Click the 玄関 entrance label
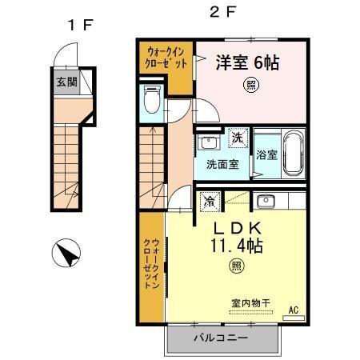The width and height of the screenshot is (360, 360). click(66, 82)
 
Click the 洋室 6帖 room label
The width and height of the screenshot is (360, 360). click(246, 62)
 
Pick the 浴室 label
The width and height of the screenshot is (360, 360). click(266, 155)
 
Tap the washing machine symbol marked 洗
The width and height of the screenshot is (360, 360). click(238, 138)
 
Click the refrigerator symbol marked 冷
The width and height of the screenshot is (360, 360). click(209, 201)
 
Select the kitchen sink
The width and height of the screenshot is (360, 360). click(266, 200)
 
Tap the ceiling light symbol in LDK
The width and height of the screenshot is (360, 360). click(236, 266)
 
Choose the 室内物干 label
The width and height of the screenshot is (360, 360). click(250, 302)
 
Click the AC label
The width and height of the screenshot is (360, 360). click(293, 310)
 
